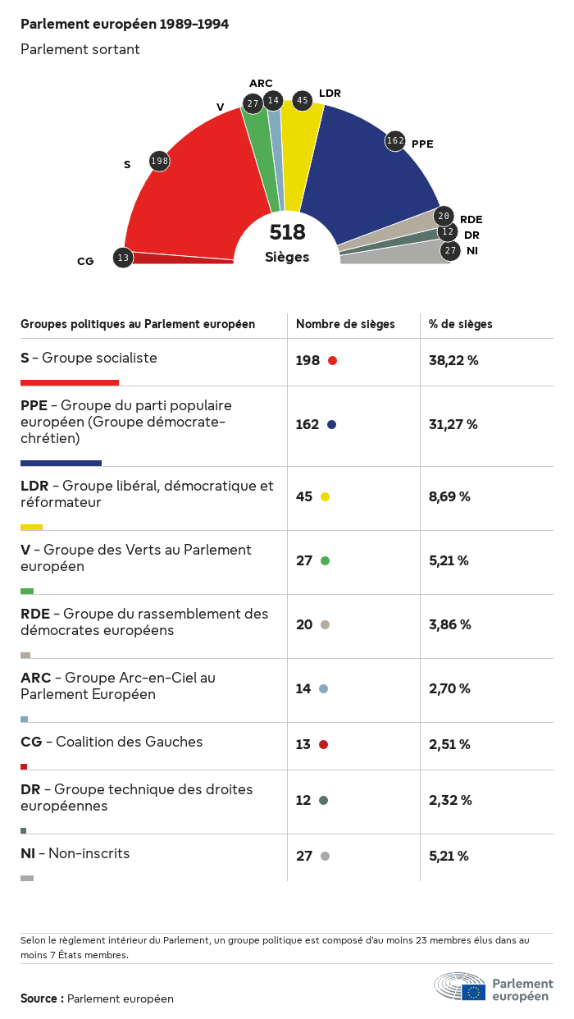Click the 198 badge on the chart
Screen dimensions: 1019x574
pyautogui.click(x=159, y=161)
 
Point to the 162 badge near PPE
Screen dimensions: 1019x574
pyautogui.click(x=395, y=140)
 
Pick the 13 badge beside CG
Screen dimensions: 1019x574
pyautogui.click(x=123, y=258)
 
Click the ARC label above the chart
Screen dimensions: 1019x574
pyautogui.click(x=261, y=84)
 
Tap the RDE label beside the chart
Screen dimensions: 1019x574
pyautogui.click(x=471, y=219)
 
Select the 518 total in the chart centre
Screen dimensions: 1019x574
pyautogui.click(x=287, y=232)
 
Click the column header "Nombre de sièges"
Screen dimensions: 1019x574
pyautogui.click(x=345, y=324)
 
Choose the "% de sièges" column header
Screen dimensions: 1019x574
pyautogui.click(x=461, y=324)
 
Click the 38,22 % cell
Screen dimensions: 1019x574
pyautogui.click(x=453, y=360)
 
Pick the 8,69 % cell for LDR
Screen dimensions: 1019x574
pyautogui.click(x=449, y=496)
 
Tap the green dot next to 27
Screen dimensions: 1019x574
pyautogui.click(x=325, y=560)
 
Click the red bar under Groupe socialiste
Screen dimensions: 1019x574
pyautogui.click(x=70, y=382)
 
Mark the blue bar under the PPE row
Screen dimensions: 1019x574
pyautogui.click(x=61, y=463)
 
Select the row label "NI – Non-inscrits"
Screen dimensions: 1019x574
pyautogui.click(x=75, y=853)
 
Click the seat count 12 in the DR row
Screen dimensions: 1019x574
pyautogui.click(x=303, y=800)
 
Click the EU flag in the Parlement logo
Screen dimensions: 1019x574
pyautogui.click(x=473, y=992)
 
